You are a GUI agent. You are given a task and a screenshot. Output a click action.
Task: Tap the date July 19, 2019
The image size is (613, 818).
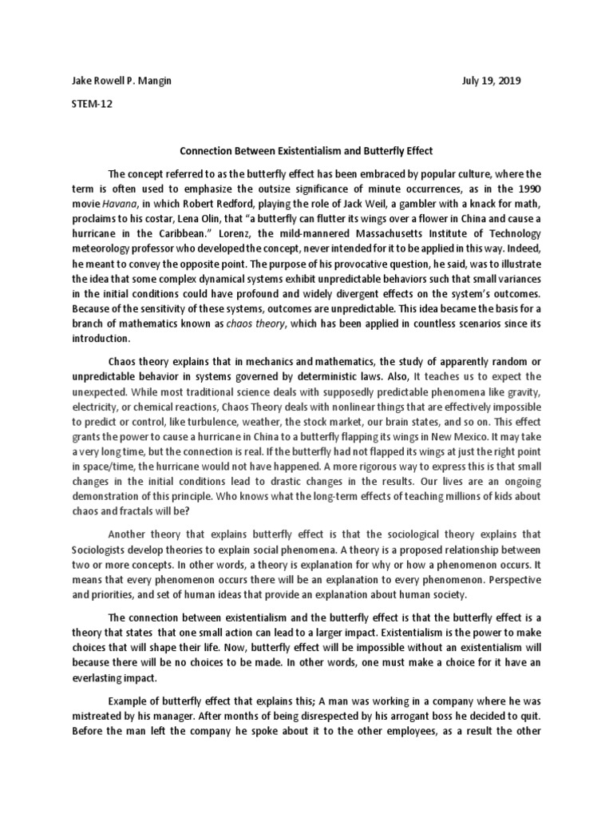point(492,82)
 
